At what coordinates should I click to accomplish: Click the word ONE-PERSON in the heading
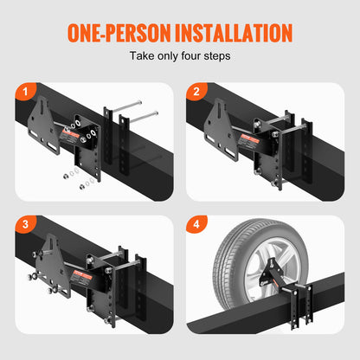point(112,33)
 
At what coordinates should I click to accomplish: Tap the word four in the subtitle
point(201,56)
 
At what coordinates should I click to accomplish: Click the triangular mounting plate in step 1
point(42,125)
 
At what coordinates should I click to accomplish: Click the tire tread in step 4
point(234,251)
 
